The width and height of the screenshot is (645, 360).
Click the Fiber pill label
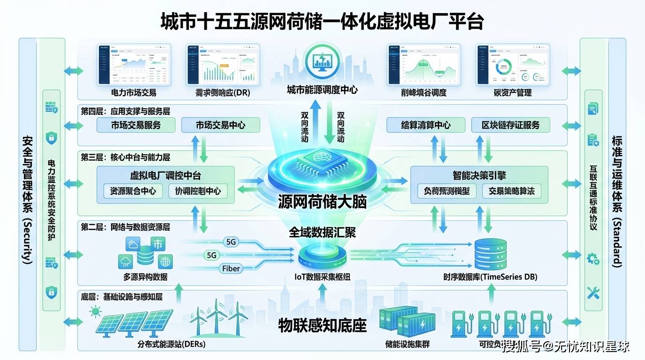tap(231, 269)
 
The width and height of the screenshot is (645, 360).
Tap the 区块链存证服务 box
tap(510, 125)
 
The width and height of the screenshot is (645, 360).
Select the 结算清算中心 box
tap(426, 125)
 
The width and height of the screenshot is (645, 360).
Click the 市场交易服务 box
tap(136, 125)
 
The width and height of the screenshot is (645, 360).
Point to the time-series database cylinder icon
tap(490, 255)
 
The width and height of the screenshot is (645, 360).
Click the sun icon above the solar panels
tap(96, 311)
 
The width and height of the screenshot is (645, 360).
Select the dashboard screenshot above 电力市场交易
tap(134, 65)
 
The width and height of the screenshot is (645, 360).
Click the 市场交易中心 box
tap(220, 125)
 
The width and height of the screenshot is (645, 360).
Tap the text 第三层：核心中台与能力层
tap(126, 157)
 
